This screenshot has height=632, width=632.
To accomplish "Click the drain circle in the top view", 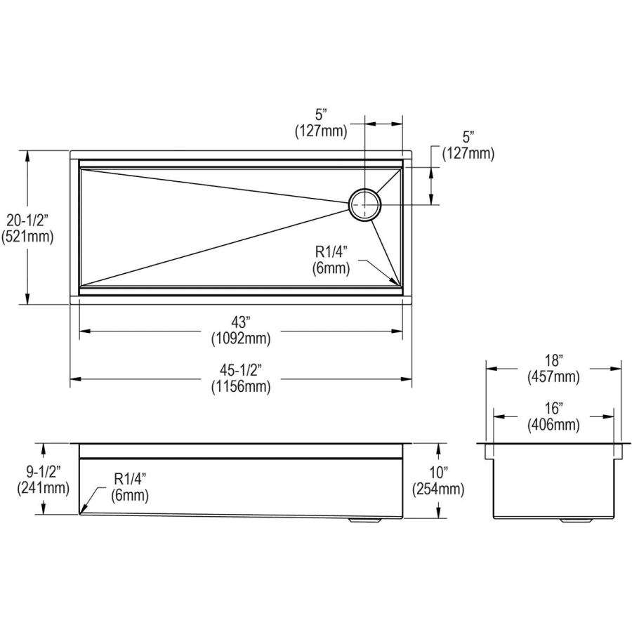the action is pyautogui.click(x=364, y=189).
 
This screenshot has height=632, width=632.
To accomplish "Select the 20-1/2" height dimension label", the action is pyautogui.click(x=27, y=220).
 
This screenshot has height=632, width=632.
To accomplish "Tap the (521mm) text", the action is pyautogui.click(x=27, y=237).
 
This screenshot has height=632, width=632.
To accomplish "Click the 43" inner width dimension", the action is pyautogui.click(x=241, y=322).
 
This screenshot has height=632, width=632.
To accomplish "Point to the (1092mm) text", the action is pyautogui.click(x=241, y=338).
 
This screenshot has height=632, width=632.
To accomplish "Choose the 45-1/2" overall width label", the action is pyautogui.click(x=241, y=369).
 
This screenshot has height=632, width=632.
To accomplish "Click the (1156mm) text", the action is pyautogui.click(x=241, y=386).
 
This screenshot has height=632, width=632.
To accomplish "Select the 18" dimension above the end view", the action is pyautogui.click(x=553, y=360).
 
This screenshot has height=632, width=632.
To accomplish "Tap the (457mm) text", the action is pyautogui.click(x=553, y=377).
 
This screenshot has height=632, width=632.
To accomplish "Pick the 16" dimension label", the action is pyautogui.click(x=553, y=408).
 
